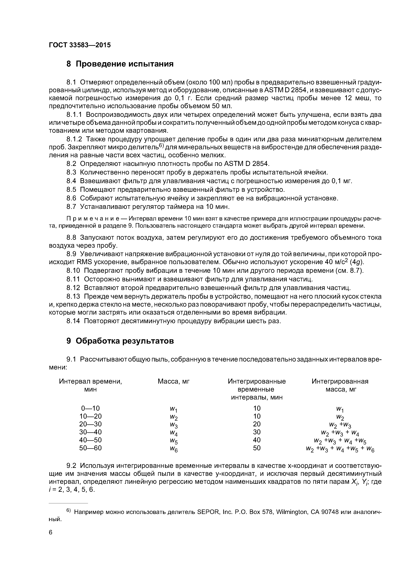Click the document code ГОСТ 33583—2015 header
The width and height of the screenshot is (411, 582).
point(80,45)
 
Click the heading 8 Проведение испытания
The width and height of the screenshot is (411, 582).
point(120,64)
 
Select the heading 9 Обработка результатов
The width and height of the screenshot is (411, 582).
point(120,341)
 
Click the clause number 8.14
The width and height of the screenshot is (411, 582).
point(73,321)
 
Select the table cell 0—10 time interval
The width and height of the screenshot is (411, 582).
point(90,408)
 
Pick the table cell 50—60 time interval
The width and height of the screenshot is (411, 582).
point(90,448)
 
